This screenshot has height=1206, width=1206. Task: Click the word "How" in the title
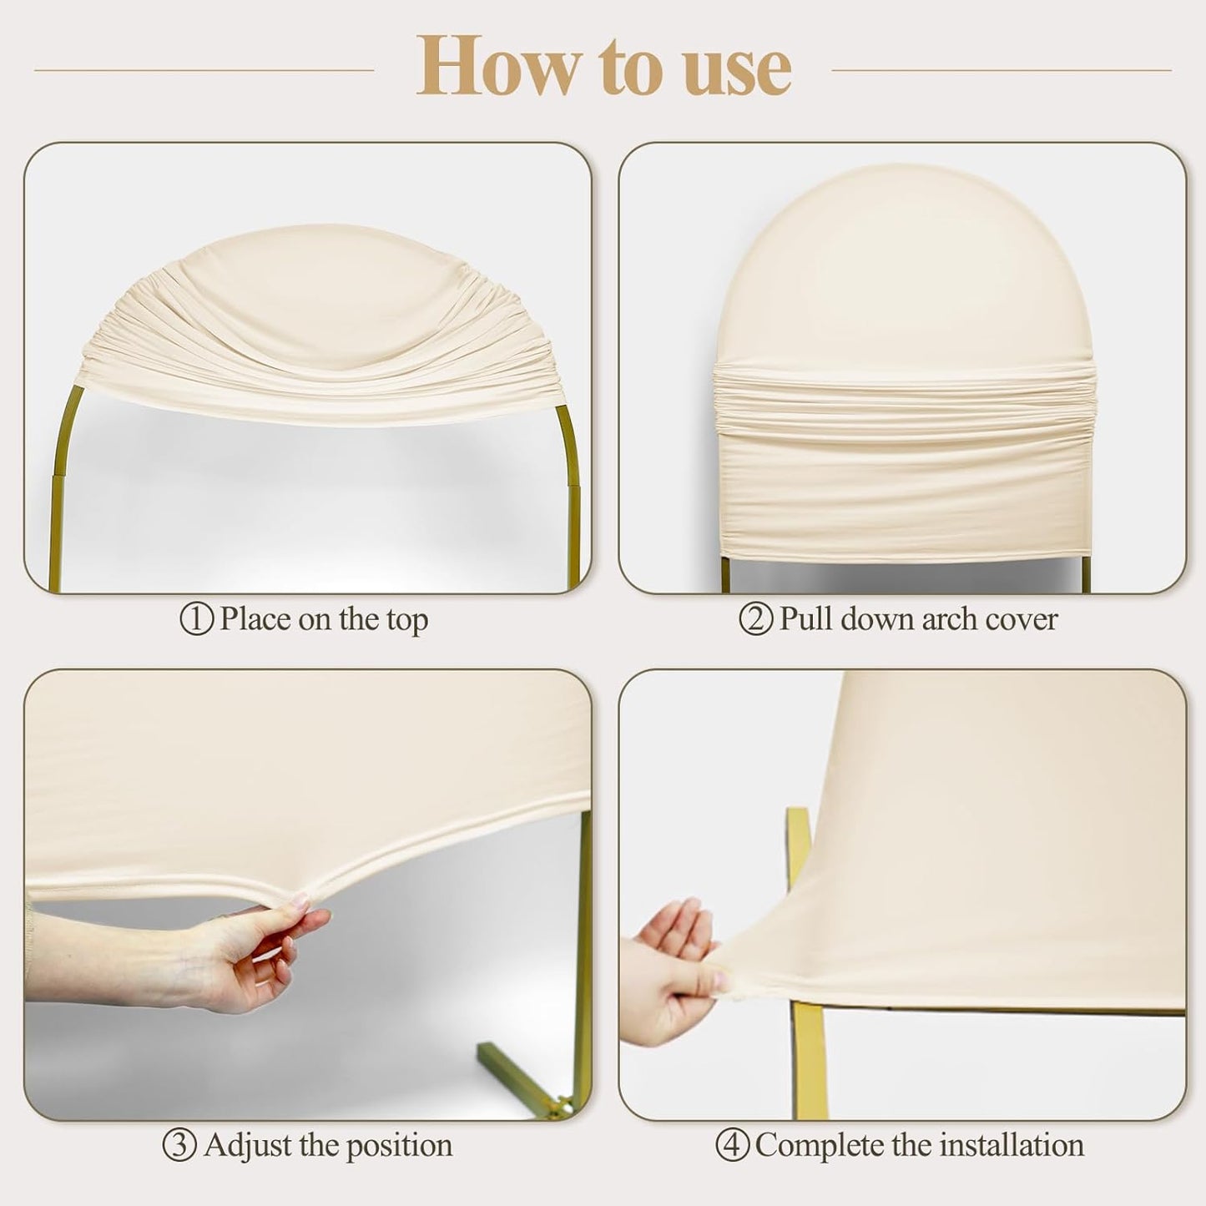pos(495,66)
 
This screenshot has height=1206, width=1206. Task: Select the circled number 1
pos(197,619)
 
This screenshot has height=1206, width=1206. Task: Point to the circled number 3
pos(179,1145)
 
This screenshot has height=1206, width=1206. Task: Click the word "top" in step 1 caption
pos(406,621)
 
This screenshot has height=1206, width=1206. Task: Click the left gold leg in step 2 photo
pos(727,574)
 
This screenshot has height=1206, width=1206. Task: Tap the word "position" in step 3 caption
pos(399,1147)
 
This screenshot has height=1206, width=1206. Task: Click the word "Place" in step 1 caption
pos(256,619)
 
